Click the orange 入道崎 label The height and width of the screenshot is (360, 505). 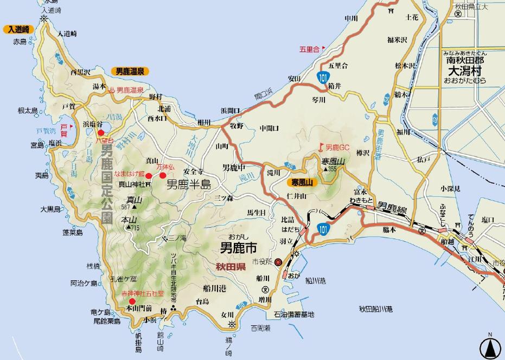tap(18, 30)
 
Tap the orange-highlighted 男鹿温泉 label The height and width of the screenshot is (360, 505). tap(129, 71)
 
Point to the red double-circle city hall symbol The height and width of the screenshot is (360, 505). tap(278, 262)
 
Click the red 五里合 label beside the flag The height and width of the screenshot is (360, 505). tap(309, 49)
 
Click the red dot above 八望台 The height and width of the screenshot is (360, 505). tap(100, 132)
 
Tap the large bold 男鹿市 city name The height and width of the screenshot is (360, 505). tap(238, 248)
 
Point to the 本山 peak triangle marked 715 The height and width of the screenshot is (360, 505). tap(129, 228)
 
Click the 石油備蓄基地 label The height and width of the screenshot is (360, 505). tap(293, 314)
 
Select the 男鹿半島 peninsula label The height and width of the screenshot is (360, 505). tap(188, 184)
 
